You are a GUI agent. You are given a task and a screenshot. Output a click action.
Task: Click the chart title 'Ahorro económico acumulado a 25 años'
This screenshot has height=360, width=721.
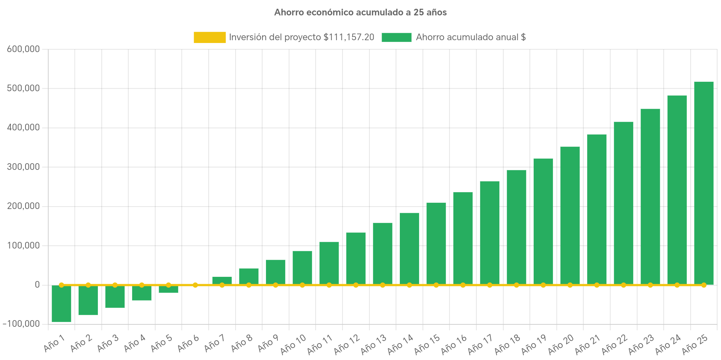[x=360, y=13]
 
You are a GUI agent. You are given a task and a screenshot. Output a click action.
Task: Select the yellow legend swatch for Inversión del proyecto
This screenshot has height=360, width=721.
[x=209, y=37]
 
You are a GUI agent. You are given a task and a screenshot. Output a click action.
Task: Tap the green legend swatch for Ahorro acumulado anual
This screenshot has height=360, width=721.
[x=396, y=37]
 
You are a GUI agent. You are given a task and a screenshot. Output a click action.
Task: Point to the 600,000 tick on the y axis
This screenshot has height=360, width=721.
[x=23, y=49]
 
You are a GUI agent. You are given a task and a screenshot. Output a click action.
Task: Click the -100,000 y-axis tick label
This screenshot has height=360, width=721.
[x=22, y=324]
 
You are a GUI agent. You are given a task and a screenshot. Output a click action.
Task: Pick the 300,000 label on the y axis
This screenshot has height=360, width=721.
[x=23, y=167]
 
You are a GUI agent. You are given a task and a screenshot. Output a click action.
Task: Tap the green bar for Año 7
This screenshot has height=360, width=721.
[x=222, y=280]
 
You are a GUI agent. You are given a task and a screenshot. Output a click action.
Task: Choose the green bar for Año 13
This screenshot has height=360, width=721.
[x=383, y=253]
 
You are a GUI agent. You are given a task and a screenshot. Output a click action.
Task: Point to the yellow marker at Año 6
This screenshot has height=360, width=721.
[x=195, y=285]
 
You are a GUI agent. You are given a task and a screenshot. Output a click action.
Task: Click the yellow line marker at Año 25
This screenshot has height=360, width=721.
[x=704, y=285]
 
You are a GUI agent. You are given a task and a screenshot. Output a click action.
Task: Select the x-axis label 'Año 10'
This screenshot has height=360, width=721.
[x=294, y=344]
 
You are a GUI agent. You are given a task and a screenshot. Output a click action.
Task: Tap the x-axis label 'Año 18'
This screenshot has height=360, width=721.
[x=507, y=344]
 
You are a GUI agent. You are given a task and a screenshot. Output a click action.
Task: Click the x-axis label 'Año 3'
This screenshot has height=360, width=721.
[x=108, y=343]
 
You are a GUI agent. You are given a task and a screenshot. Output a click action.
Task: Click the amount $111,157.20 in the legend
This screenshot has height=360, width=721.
[x=349, y=37]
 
